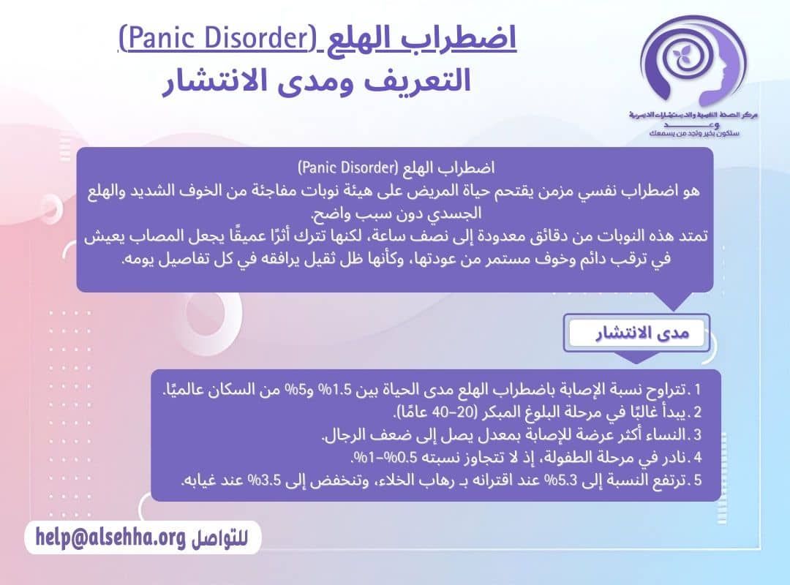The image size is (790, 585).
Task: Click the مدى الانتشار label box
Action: point(636,334)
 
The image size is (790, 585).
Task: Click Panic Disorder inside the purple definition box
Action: point(345,167)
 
